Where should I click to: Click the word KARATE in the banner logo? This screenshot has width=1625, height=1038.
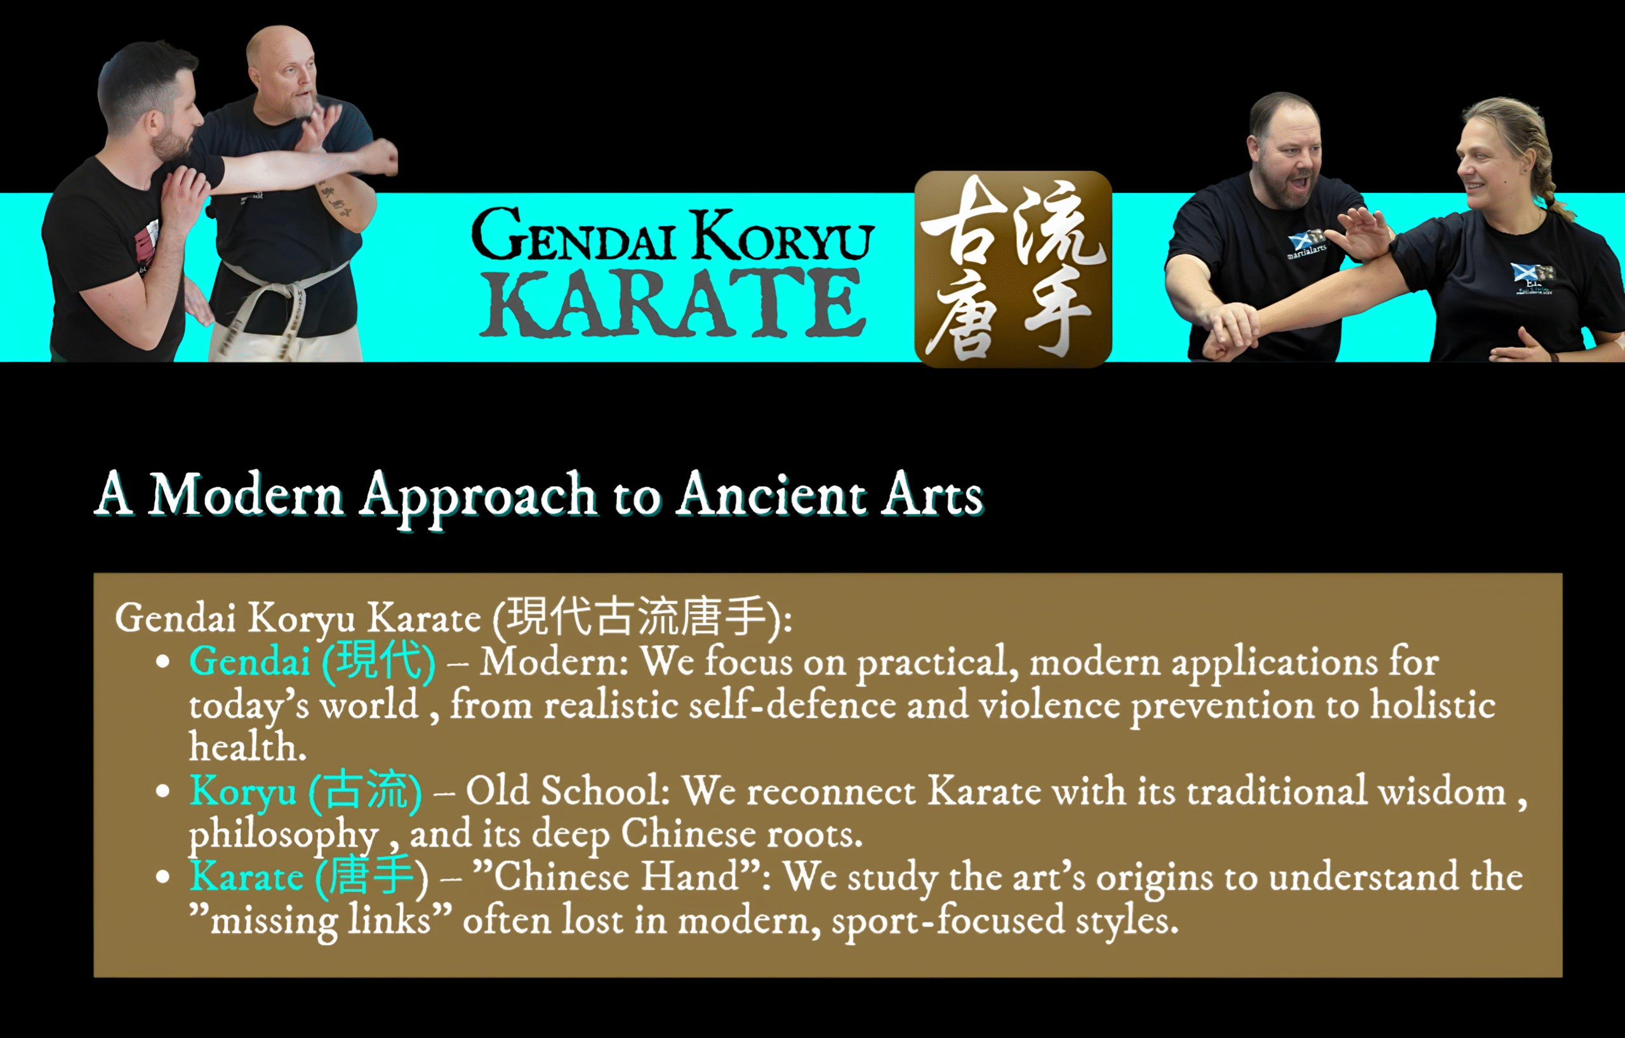click(673, 303)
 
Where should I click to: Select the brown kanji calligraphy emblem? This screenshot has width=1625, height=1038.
click(1013, 269)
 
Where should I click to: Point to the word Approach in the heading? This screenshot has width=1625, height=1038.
click(478, 500)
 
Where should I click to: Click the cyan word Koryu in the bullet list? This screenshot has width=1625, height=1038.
click(243, 792)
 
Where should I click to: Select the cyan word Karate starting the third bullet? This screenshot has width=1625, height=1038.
click(246, 877)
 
